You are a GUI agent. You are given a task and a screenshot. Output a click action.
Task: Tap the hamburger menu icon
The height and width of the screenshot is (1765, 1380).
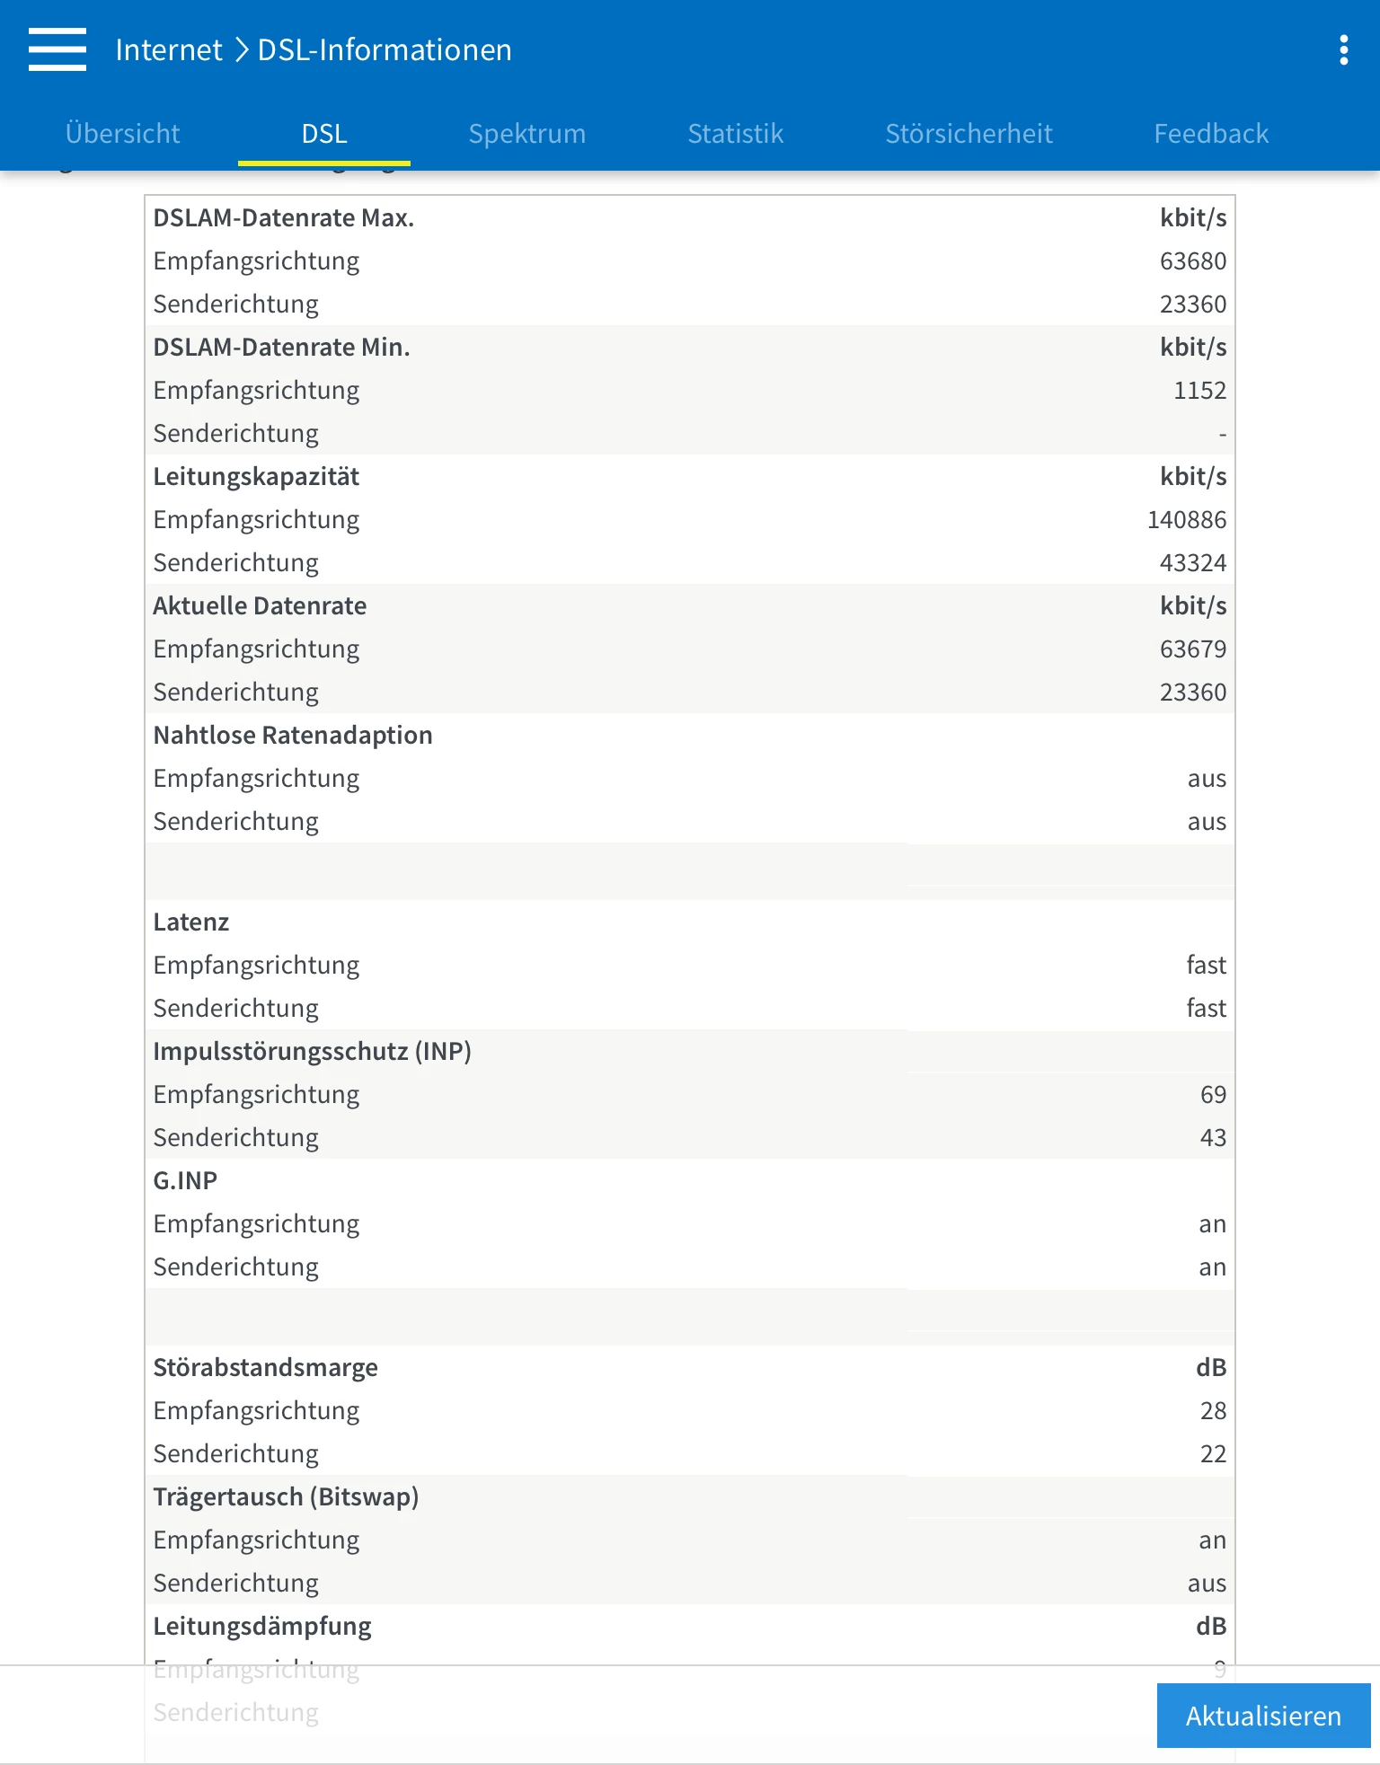[x=57, y=49]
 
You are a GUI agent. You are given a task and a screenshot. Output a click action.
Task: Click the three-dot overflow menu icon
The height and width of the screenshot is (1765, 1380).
[x=1343, y=50]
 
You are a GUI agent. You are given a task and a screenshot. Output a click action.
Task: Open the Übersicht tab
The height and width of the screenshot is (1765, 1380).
[x=122, y=134]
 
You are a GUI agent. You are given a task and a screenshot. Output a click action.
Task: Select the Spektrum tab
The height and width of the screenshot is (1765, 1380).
[x=526, y=134]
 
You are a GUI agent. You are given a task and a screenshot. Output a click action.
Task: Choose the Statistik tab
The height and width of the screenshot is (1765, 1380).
[x=735, y=134]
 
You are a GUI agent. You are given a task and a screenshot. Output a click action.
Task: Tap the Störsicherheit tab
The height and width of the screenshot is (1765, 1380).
[x=969, y=134]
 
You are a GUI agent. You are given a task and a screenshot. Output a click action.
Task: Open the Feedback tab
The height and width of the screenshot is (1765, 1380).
[x=1210, y=134]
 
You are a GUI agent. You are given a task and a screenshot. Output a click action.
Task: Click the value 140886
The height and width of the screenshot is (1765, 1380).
[x=1186, y=520]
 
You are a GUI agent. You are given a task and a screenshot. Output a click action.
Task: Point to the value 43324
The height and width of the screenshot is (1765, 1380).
[x=1192, y=563]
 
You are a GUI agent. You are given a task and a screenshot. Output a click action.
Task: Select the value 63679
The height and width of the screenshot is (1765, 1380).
[x=1192, y=649]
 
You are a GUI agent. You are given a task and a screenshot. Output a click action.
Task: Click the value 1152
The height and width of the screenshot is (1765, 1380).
[x=1199, y=391]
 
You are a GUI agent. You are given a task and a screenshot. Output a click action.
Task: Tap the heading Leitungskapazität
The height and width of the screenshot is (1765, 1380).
[x=256, y=477]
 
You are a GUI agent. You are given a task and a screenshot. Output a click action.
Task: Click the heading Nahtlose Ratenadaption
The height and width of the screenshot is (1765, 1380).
[x=293, y=736]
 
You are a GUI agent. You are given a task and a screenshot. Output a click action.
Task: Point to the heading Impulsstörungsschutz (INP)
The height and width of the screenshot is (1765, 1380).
[x=312, y=1052]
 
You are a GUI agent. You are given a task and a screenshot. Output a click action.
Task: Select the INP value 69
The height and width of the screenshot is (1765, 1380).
[x=1213, y=1095]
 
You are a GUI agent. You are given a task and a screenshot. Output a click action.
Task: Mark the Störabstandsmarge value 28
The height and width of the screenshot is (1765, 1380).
[x=1213, y=1411]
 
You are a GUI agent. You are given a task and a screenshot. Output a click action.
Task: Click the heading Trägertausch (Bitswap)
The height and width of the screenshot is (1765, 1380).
[x=286, y=1497]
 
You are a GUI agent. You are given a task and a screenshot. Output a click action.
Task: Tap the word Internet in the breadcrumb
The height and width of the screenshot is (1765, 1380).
[x=169, y=50]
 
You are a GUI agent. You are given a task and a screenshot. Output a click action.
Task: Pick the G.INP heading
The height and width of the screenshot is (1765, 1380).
[x=185, y=1181]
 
